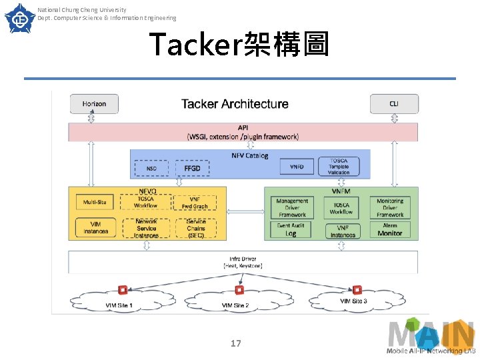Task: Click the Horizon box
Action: click(94, 104)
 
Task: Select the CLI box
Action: click(394, 104)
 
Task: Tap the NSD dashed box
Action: click(152, 169)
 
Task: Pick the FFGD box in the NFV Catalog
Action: click(192, 169)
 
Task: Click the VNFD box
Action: click(297, 167)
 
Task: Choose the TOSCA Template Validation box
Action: click(339, 167)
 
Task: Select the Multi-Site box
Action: click(95, 202)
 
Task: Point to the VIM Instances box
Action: click(95, 227)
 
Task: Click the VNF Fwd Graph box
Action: click(195, 202)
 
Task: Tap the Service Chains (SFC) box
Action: click(195, 228)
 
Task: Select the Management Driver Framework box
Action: click(292, 207)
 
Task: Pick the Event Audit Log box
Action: click(291, 229)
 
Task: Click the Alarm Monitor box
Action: click(390, 229)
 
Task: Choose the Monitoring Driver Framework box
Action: click(390, 207)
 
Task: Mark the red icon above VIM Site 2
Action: click(239, 290)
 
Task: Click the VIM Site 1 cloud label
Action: click(119, 305)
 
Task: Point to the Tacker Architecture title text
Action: click(235, 104)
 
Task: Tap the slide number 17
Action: click(235, 343)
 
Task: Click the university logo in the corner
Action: click(19, 18)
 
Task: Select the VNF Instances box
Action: click(343, 231)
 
